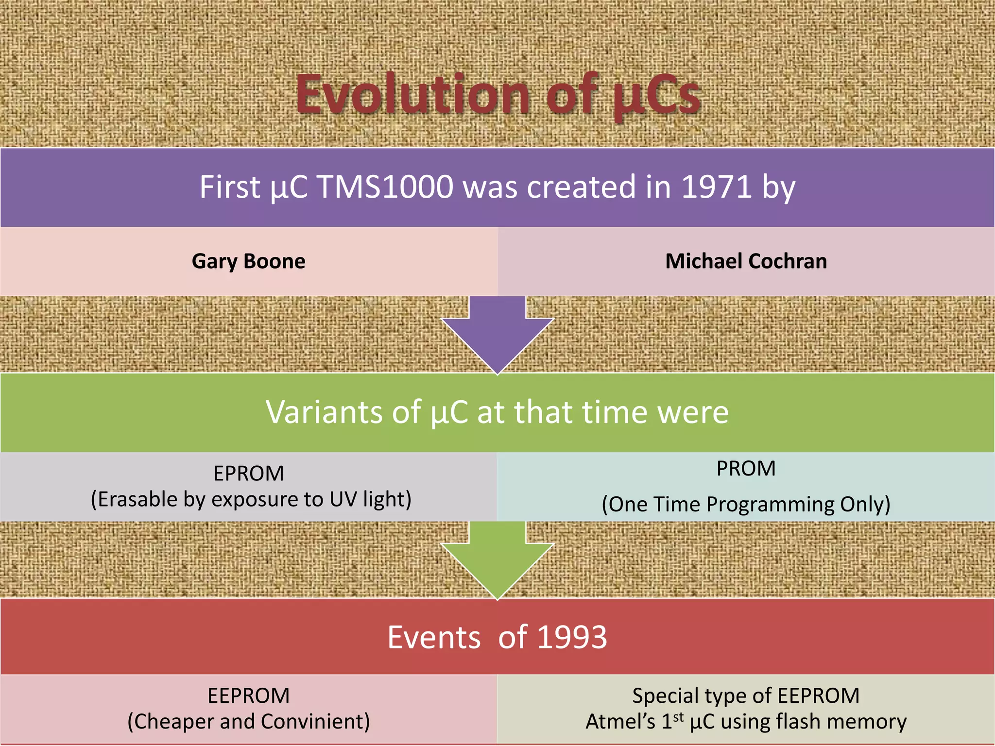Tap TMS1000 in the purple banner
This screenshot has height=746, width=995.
(x=385, y=187)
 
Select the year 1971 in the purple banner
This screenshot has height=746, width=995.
(x=717, y=187)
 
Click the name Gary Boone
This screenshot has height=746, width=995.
(x=248, y=261)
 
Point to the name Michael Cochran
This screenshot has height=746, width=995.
(x=746, y=261)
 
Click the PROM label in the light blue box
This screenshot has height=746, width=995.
(x=746, y=469)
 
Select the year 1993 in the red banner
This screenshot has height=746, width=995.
(x=572, y=637)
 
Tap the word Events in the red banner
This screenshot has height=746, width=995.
(x=434, y=637)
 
